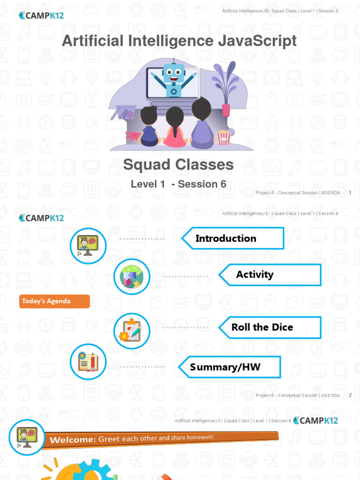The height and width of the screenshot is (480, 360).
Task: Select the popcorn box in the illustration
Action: [x=224, y=137]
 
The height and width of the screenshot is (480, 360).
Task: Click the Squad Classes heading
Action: [x=178, y=165]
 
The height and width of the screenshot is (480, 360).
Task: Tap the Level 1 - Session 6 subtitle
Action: [x=178, y=184]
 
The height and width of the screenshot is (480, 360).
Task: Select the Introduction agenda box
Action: [x=232, y=238]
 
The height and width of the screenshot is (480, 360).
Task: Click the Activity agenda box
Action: [x=270, y=275]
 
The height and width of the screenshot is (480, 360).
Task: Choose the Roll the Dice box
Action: [x=270, y=327]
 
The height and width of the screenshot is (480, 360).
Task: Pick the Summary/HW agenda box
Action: [x=230, y=367]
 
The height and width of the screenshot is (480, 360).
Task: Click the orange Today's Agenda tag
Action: [x=54, y=301]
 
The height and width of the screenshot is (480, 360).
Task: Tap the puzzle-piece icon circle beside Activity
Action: [x=132, y=277]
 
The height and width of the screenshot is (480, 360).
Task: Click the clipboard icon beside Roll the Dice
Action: [x=132, y=331]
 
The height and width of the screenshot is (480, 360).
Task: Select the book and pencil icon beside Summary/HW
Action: [x=88, y=362]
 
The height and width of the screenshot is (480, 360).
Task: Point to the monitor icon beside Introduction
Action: [x=88, y=245]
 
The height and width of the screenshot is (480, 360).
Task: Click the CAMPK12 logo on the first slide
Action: [x=41, y=15]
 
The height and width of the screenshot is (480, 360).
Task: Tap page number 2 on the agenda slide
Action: [x=350, y=395]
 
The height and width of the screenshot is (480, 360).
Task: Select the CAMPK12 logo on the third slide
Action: [x=315, y=420]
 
